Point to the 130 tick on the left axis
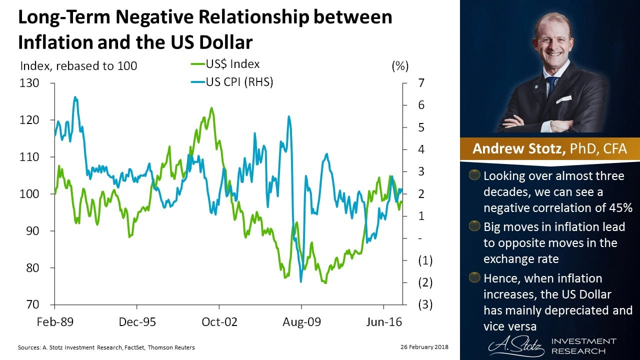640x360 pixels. click(x=29, y=82)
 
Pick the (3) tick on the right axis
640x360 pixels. click(x=425, y=304)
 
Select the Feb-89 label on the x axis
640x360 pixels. click(x=54, y=321)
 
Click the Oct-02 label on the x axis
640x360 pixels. click(x=219, y=321)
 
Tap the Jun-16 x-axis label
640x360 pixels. click(x=383, y=321)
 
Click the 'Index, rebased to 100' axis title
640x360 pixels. click(x=78, y=65)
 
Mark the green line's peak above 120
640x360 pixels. click(x=211, y=107)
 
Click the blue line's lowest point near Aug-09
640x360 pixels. click(x=301, y=281)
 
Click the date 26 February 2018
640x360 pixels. click(x=424, y=347)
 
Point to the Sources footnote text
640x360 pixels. click(x=106, y=347)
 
